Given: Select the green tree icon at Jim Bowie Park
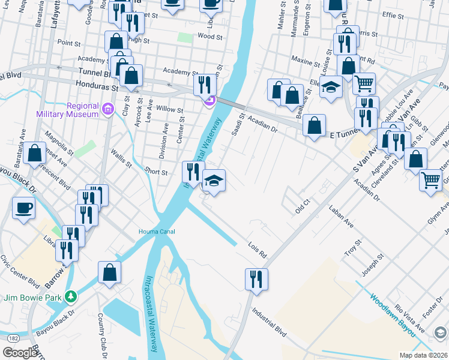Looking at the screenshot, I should point(71,296).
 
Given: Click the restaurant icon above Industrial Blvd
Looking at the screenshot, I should point(256,278).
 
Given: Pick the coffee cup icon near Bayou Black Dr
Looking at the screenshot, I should point(24,208).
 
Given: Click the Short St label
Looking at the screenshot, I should point(156,172).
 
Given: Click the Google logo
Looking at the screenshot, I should point(20,353).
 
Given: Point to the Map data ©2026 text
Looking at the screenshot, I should point(423,355).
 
